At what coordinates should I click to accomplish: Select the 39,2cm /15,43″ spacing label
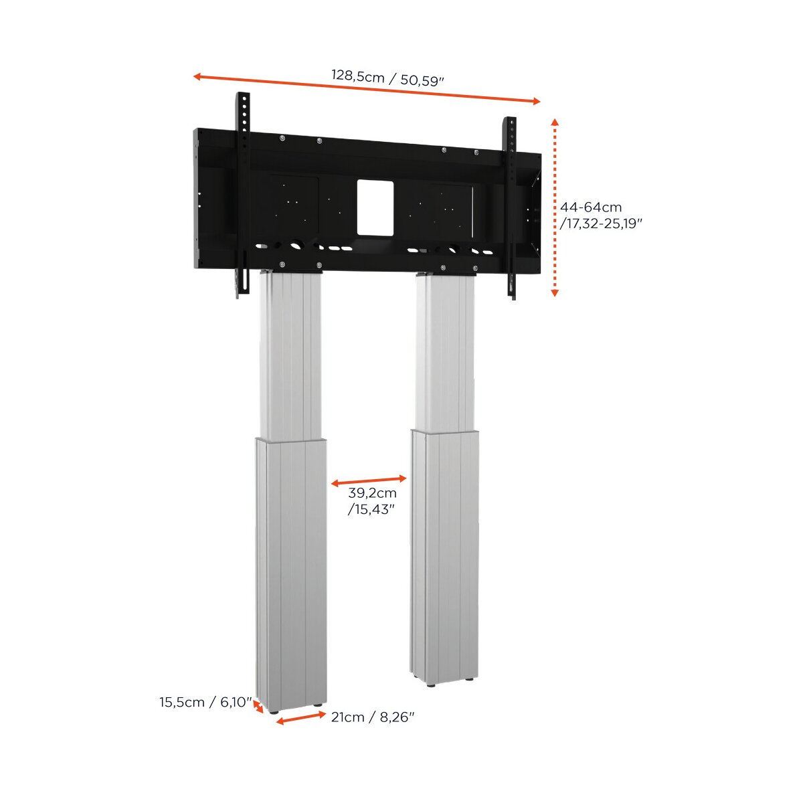tap(372, 501)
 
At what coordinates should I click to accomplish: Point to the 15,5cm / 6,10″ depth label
tap(206, 702)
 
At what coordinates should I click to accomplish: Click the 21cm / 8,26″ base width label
tap(373, 717)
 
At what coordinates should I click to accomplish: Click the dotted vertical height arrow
tap(554, 207)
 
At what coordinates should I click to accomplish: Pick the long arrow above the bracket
tap(367, 89)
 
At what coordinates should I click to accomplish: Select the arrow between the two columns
tap(368, 481)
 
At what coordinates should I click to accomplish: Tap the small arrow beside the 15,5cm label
tap(258, 707)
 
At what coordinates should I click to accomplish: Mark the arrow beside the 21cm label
tap(301, 718)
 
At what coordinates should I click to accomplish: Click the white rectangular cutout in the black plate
tap(375, 207)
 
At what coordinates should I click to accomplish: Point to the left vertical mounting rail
tap(243, 194)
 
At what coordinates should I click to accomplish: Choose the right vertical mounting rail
tap(511, 207)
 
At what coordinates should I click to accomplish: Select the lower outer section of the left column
tap(291, 574)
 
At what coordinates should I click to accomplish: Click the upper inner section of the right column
tap(444, 353)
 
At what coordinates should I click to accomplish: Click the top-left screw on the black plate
tap(282, 138)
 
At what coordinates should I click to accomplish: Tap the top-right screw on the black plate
tap(476, 153)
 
